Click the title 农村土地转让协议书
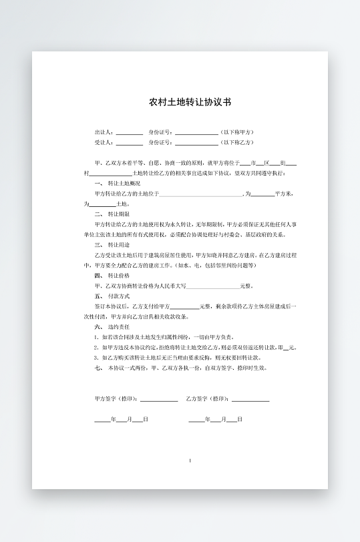pos(190,103)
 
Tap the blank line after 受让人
pos(130,143)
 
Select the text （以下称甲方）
pos(238,132)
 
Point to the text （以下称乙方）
pos(238,142)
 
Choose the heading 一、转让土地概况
pos(118,183)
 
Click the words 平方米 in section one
pos(283,194)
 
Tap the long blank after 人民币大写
pos(213,286)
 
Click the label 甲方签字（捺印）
pos(116,398)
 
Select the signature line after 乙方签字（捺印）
pos(250,399)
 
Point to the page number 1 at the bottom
pos(190,461)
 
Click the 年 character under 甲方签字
pos(114,419)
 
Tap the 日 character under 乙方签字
pos(240,419)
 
